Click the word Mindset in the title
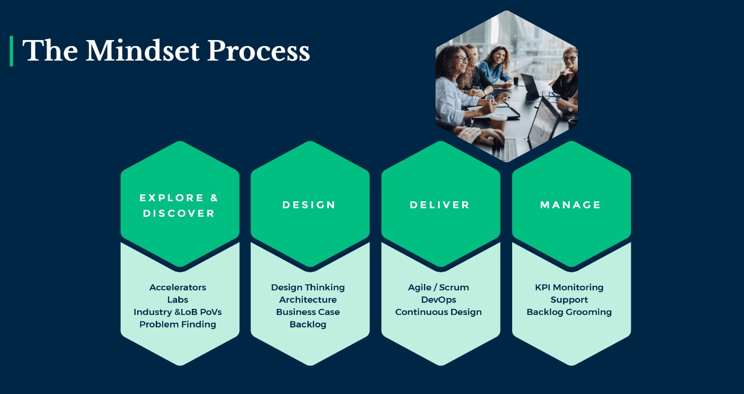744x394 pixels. point(143,51)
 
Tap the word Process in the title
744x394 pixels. point(258,51)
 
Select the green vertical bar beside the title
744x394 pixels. point(12,51)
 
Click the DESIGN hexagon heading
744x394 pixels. point(309,205)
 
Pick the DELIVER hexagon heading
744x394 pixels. point(440,205)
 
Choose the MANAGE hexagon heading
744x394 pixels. point(570,205)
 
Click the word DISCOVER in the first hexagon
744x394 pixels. point(179,213)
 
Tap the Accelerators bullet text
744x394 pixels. point(178,287)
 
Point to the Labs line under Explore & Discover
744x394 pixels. point(178,300)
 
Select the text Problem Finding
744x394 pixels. point(178,324)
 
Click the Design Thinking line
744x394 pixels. point(308,287)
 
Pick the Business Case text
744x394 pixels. point(308,312)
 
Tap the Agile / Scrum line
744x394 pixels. point(439,287)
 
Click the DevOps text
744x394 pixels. point(439,300)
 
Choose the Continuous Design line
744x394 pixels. point(439,312)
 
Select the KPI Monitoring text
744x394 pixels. point(569,287)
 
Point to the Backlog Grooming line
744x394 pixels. point(569,312)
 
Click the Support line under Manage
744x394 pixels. point(569,300)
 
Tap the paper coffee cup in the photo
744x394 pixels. point(498,123)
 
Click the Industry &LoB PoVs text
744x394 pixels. point(178,312)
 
